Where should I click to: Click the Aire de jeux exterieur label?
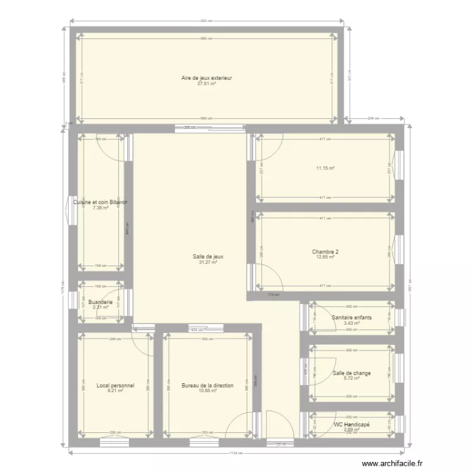point(206,78)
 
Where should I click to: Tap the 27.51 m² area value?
point(206,84)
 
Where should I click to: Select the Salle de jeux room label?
point(208,256)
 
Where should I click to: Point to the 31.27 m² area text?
point(208,262)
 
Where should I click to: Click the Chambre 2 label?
point(325,252)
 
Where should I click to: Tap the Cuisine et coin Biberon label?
point(100,202)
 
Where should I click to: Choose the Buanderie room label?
point(101,303)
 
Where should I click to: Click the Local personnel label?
point(115,385)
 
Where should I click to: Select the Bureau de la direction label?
point(208,385)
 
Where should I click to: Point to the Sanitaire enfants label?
point(351,318)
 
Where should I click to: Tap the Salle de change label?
point(351,373)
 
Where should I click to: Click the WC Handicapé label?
point(351,424)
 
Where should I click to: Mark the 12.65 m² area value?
point(325,257)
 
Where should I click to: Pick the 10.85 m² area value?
point(208,391)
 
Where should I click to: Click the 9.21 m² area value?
point(115,391)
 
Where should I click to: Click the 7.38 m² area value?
point(100,208)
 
